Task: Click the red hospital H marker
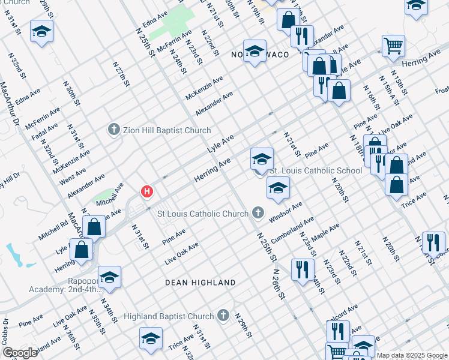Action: pos(146,192)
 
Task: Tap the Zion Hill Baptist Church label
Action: pos(167,130)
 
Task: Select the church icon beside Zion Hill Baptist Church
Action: pos(114,130)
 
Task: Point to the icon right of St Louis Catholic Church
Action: pos(258,213)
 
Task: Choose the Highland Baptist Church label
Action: pos(169,316)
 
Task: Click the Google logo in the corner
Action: pos(19,352)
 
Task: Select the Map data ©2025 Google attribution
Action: pos(412,355)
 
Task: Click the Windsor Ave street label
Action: pos(286,211)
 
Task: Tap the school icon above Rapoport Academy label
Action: pos(109,277)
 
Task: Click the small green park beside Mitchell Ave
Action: pos(103,196)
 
